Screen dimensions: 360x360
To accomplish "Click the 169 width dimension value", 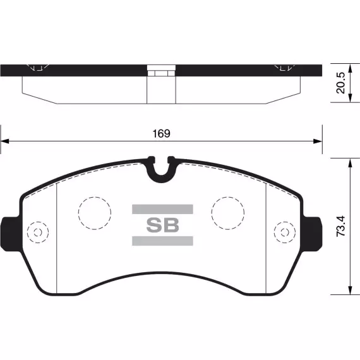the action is point(162,134).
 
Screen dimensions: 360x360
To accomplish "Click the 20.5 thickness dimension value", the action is point(340,83).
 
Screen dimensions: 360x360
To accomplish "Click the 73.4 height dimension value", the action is point(340,226).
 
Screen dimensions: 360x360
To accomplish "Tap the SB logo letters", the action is point(162,225).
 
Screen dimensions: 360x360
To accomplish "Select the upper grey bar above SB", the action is point(162,209).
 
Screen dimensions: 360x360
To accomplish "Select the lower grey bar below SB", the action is point(162,241).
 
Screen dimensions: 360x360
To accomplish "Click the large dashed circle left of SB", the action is point(95,197).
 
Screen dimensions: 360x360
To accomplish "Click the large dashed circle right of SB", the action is point(228,197).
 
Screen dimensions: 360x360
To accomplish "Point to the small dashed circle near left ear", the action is point(38,222).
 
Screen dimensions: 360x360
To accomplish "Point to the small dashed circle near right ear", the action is point(285,222).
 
